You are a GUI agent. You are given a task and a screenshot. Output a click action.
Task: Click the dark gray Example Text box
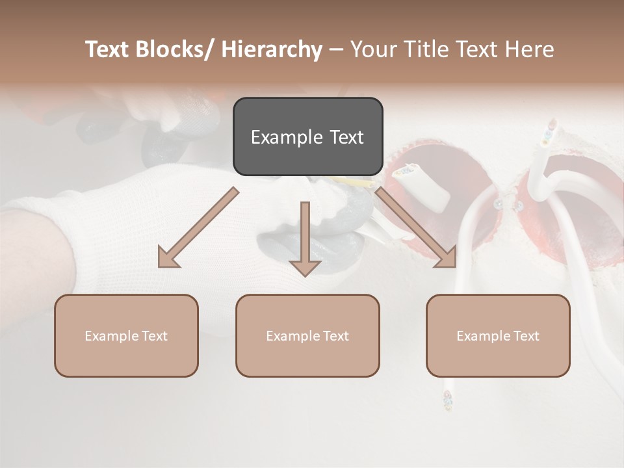[307, 136]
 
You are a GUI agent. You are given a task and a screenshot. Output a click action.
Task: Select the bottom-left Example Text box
[126, 335]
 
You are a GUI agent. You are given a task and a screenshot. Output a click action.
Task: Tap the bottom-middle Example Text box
[307, 335]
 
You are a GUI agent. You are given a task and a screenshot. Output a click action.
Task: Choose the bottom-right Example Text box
[498, 335]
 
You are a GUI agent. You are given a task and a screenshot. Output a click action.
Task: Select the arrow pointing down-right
[416, 227]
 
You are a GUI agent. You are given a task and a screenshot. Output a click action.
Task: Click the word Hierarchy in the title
[272, 49]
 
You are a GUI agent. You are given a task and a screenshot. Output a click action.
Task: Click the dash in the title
[336, 50]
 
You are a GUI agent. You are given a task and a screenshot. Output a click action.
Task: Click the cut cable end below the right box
[447, 399]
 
